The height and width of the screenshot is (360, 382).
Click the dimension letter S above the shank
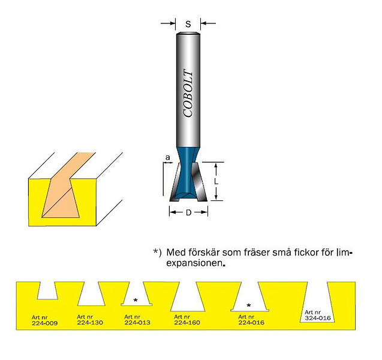[188, 24]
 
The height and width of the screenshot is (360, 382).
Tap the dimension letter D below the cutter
[188, 213]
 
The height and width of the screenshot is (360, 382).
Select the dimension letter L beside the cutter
[216, 181]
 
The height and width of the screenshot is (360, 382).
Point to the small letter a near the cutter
[168, 158]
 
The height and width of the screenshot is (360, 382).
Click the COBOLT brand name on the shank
[188, 94]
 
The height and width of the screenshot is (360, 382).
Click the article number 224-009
[44, 323]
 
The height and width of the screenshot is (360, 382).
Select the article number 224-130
[90, 323]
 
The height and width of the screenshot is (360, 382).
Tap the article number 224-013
[137, 323]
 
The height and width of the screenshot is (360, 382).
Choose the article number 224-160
[187, 322]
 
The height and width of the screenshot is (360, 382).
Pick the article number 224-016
[251, 322]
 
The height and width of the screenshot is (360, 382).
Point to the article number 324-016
[318, 318]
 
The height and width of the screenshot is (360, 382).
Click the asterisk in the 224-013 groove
[136, 300]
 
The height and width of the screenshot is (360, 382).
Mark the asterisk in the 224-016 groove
[248, 305]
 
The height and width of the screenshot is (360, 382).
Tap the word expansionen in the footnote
[194, 263]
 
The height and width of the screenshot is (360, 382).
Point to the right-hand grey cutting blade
[199, 182]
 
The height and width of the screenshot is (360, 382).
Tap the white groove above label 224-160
[188, 297]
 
